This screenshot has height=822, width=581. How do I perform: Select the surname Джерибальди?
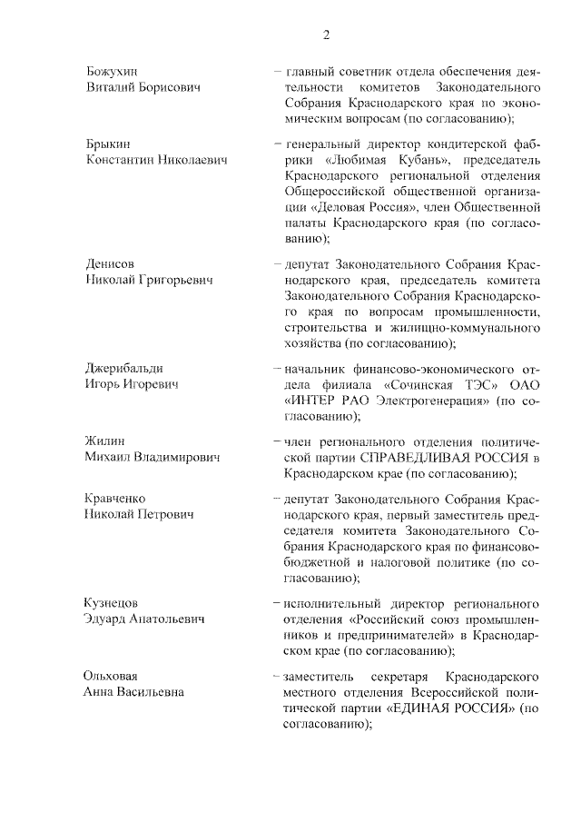pyautogui.click(x=124, y=368)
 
